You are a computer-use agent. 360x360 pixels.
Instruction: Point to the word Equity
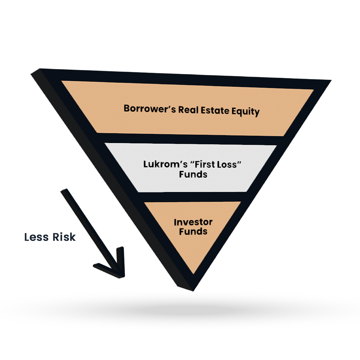[x=246, y=112]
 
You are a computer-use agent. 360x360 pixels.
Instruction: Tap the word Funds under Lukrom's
[x=193, y=174]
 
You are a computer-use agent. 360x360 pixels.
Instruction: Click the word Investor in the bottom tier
[x=193, y=222]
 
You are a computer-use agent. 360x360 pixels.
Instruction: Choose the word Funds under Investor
[x=193, y=231]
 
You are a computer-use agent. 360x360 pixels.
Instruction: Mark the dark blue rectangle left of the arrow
[x=51, y=239]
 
